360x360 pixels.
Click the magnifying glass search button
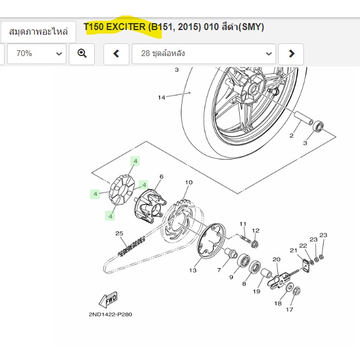pyautogui.click(x=81, y=54)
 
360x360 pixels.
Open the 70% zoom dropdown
pyautogui.click(x=37, y=54)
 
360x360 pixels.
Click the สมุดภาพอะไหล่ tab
pyautogui.click(x=38, y=32)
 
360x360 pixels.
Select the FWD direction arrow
pyautogui.click(x=108, y=299)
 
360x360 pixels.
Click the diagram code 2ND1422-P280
pyautogui.click(x=110, y=314)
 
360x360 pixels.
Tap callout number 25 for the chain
pyautogui.click(x=120, y=233)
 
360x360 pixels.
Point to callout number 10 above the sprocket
pyautogui.click(x=189, y=182)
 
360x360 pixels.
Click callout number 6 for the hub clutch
pyautogui.click(x=161, y=176)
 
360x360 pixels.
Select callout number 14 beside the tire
pyautogui.click(x=161, y=98)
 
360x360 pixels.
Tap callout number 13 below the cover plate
pyautogui.click(x=193, y=270)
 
